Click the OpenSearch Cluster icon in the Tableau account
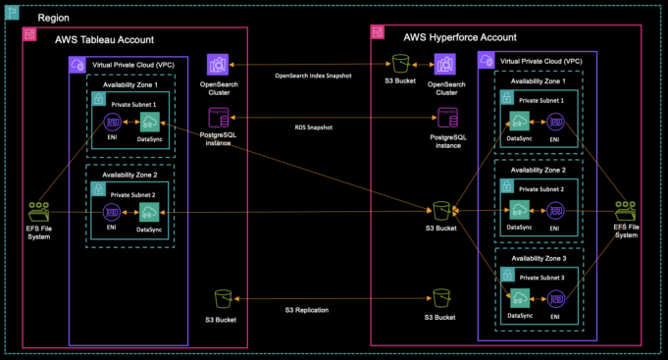217,65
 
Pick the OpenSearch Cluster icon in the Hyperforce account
446,65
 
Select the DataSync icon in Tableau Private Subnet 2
149,213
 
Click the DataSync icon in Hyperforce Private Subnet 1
519,122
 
